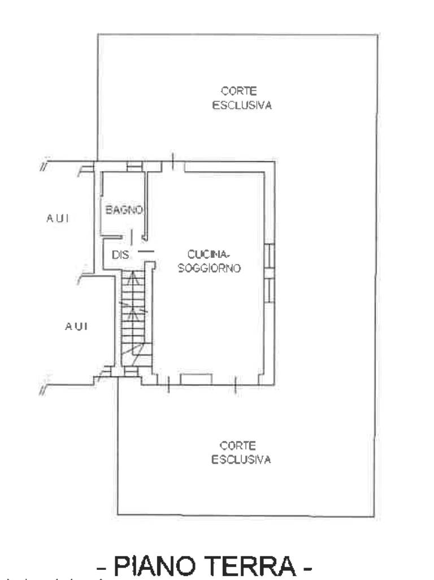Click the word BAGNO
tap(124, 210)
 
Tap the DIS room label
tap(120, 254)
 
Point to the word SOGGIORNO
tap(209, 268)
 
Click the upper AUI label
tap(58, 218)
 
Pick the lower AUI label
tap(76, 326)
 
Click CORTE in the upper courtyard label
tap(239, 91)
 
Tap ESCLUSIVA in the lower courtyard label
tap(241, 460)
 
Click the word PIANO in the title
tap(154, 565)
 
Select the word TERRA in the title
tap(250, 565)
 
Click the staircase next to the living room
tap(136, 318)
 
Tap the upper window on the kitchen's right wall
tap(270, 256)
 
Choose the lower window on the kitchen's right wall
tap(270, 289)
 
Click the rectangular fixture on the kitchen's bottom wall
tap(196, 379)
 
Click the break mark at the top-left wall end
tap(45, 165)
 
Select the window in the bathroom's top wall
tap(134, 167)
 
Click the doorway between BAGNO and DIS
tap(136, 237)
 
